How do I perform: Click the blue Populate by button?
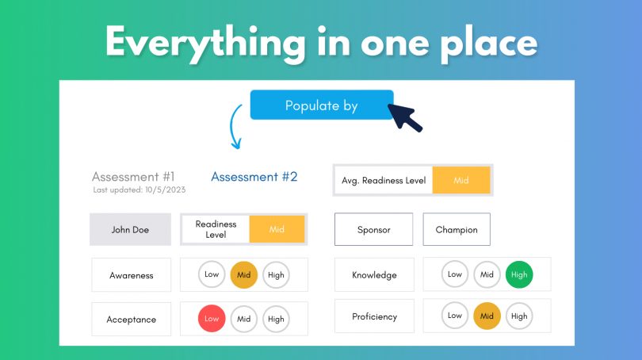tap(321, 105)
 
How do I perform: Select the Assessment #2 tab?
tap(254, 177)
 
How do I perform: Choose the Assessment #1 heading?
tap(133, 177)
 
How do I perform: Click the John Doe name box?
tap(130, 230)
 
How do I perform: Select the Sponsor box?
tap(373, 230)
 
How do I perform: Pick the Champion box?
tap(457, 230)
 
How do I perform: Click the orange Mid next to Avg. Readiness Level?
tap(460, 181)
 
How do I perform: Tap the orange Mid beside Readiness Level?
tap(277, 229)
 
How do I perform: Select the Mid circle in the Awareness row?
tap(244, 275)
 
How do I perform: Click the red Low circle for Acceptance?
tap(212, 319)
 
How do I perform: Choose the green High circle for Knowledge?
tap(519, 274)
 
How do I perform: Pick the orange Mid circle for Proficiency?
tap(487, 316)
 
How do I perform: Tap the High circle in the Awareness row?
tap(276, 275)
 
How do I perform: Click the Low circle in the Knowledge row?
tap(455, 274)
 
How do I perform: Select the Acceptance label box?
tap(131, 320)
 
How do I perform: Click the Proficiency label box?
tap(374, 316)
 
